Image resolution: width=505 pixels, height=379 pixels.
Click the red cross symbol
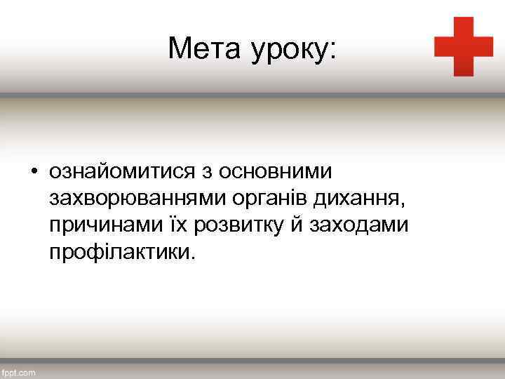[464, 46]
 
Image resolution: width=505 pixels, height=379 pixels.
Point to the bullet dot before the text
[33, 172]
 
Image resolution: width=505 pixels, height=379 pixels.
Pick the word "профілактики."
[119, 252]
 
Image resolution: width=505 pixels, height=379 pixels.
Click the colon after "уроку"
[332, 51]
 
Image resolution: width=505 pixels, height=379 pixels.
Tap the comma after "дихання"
[402, 205]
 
